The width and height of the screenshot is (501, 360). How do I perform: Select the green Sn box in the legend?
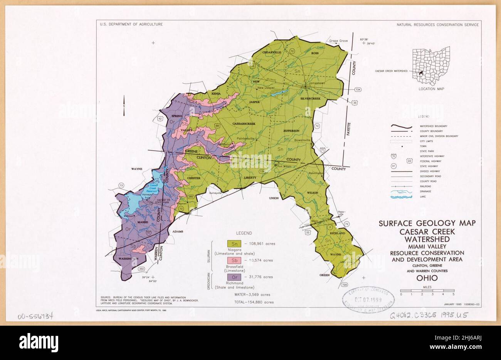click(x=235, y=244)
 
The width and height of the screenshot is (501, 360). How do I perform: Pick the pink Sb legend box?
click(x=235, y=260)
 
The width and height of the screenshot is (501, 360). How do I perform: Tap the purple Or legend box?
click(x=235, y=277)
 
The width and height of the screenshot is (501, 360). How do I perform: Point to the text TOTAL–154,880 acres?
click(x=254, y=302)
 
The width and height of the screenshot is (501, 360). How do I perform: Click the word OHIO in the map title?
click(x=427, y=278)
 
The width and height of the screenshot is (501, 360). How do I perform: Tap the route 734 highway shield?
click(x=358, y=90)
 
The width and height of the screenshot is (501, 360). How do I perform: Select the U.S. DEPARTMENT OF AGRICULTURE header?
click(x=131, y=24)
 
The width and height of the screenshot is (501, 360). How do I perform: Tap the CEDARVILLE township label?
click(x=272, y=52)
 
